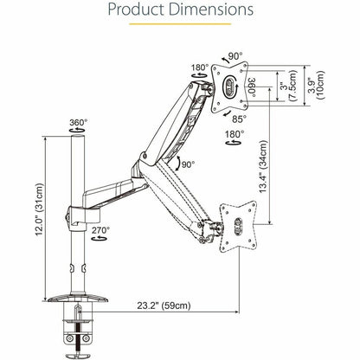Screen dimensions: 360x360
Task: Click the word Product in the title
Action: [139, 11]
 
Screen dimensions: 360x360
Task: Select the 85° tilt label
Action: [239, 118]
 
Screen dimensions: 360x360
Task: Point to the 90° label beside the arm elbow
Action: [185, 164]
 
